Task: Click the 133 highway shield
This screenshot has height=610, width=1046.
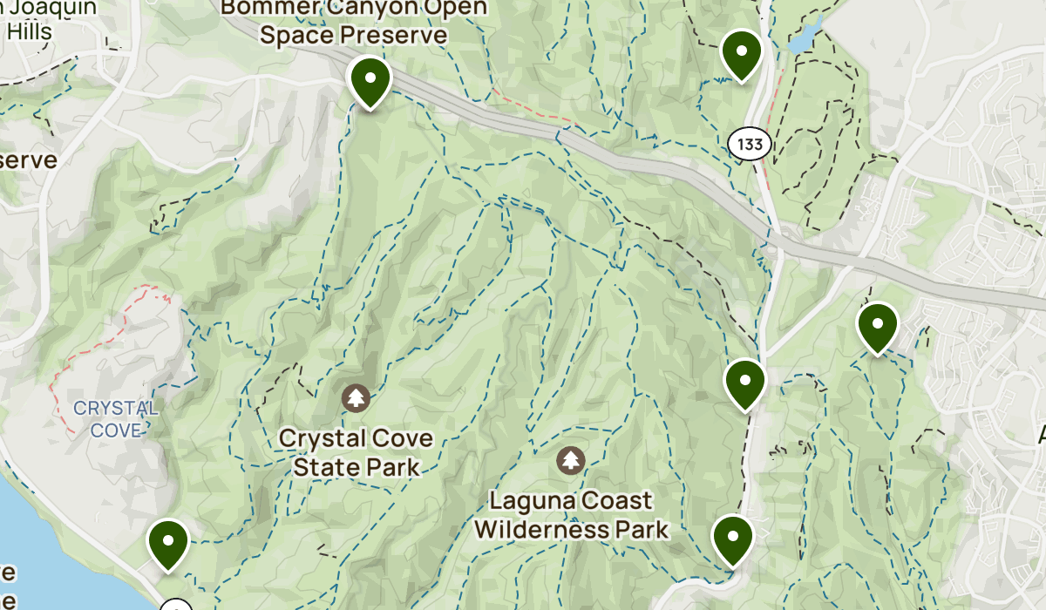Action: (749, 145)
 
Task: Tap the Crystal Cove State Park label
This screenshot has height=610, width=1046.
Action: (356, 452)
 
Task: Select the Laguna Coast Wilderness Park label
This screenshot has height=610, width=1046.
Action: (571, 515)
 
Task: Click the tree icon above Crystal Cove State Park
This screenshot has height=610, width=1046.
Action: (356, 399)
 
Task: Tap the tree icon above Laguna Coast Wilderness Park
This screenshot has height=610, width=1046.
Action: (570, 461)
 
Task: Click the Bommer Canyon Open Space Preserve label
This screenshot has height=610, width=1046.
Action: (354, 21)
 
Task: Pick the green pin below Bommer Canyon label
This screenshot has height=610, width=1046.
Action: (370, 79)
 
